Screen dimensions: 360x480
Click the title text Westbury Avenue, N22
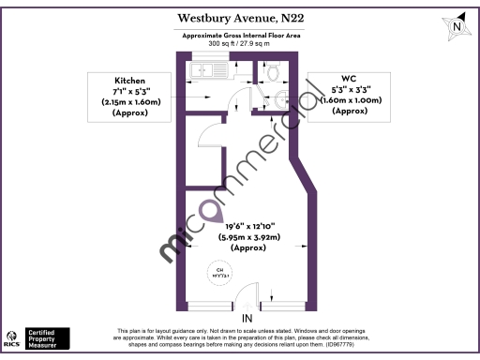240,18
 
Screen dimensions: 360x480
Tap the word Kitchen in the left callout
130,80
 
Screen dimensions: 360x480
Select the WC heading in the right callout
349,80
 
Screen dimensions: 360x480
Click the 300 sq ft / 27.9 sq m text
239,44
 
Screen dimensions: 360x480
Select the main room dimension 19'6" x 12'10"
251,225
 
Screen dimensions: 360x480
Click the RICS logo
13,337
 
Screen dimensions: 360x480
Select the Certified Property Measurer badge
47,337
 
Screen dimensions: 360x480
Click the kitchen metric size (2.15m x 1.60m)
130,101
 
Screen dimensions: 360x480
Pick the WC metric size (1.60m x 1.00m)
349,100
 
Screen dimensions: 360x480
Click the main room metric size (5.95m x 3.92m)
251,237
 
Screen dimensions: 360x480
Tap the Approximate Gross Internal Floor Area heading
239,36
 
